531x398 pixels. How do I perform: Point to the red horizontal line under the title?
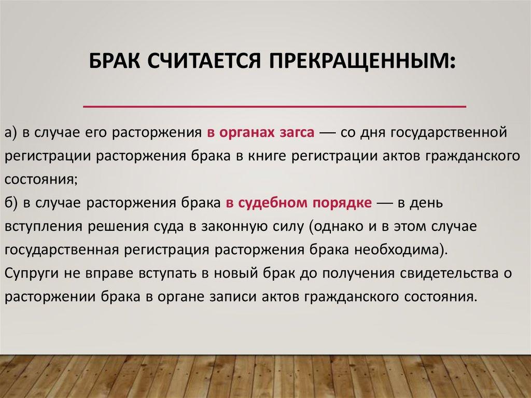tap(275, 106)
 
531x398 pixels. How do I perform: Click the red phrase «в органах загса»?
tap(260, 132)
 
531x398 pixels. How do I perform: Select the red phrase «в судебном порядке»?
tap(299, 203)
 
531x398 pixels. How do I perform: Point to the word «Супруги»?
tap(32, 274)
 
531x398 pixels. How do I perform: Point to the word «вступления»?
tap(44, 227)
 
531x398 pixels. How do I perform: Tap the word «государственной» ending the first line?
tap(449, 133)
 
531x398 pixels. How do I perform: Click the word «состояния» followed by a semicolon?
tap(41, 180)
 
